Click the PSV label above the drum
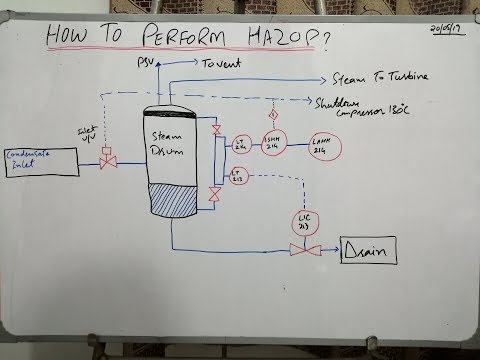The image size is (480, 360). (143, 64)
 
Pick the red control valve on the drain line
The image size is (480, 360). (296, 250)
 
